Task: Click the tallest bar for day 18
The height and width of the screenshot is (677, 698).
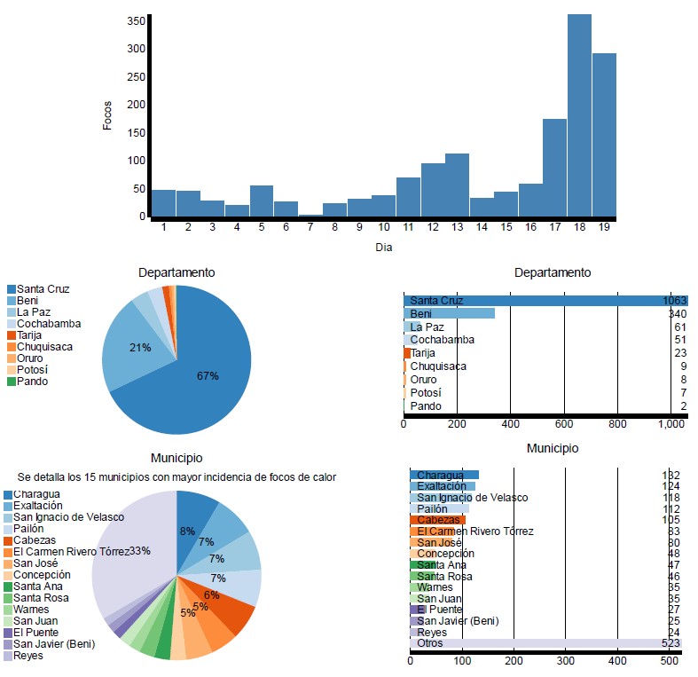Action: point(579,115)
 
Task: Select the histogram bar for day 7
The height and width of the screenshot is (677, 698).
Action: point(310,215)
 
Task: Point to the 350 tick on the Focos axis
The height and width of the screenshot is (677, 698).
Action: point(136,20)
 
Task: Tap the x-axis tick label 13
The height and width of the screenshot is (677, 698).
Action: point(457,227)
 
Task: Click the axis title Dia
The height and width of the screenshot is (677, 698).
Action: point(383,248)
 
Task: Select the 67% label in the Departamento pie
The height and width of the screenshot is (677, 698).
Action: point(208,376)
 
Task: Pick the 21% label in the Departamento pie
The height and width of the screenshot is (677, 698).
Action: point(140,348)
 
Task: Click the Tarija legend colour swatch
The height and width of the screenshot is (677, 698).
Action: point(12,335)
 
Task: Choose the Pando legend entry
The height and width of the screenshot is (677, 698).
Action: point(32,382)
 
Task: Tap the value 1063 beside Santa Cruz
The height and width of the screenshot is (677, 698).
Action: point(675,301)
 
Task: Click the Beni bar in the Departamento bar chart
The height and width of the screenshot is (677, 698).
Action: point(449,313)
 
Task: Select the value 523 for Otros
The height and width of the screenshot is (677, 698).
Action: point(670,643)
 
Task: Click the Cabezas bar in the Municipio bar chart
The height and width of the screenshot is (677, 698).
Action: point(437,520)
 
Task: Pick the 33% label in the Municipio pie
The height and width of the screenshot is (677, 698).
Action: point(140,551)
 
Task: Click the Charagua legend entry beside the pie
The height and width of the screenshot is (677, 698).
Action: point(35,494)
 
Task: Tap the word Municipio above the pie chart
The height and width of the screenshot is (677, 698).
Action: point(176,458)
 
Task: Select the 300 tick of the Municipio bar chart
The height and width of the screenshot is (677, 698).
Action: point(565,661)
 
